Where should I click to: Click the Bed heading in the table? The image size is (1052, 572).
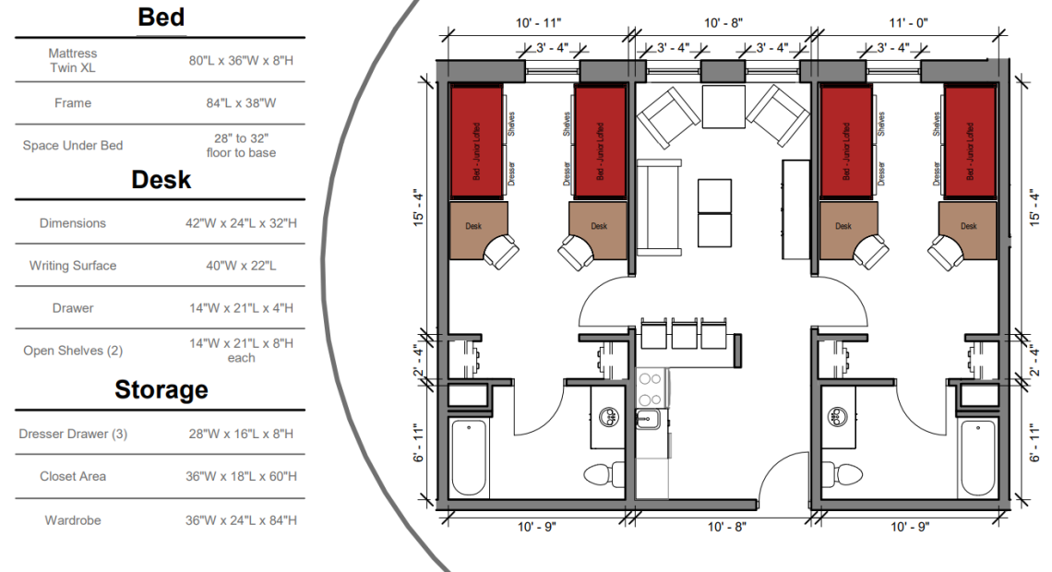tap(161, 18)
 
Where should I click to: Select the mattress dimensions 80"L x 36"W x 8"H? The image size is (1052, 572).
tap(241, 60)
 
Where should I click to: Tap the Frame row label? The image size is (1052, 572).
tap(73, 102)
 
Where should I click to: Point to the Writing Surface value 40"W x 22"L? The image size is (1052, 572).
tap(241, 266)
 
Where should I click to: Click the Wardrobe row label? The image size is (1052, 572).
tap(73, 520)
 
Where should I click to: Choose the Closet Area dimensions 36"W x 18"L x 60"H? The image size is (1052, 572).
tap(241, 476)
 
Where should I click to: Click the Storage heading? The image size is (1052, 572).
tap(161, 389)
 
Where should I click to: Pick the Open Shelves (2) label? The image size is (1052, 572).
tap(73, 351)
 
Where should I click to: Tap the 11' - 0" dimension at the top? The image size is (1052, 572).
tap(908, 23)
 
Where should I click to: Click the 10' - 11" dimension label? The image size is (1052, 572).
tap(538, 23)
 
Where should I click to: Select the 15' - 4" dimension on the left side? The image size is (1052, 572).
tap(419, 208)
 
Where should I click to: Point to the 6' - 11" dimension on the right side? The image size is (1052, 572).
tap(1035, 443)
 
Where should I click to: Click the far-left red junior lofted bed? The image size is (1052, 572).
tap(476, 142)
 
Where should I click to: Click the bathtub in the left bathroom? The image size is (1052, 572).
tap(468, 458)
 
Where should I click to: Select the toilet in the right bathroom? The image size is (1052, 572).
tap(843, 474)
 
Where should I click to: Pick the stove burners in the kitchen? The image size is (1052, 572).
tap(651, 389)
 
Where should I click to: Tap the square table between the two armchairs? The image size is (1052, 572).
tap(723, 107)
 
